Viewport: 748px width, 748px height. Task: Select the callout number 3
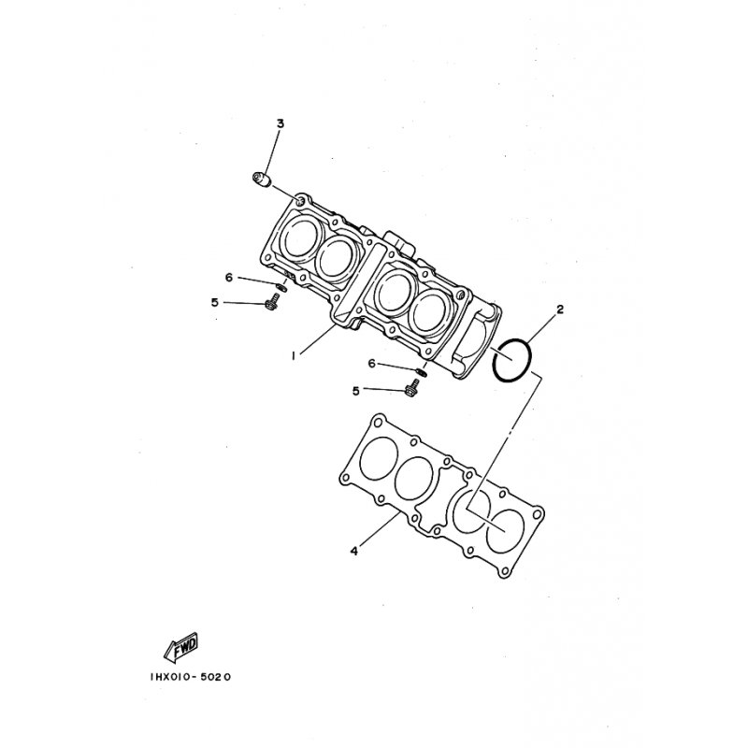tap(280, 123)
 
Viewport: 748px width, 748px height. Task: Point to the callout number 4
tap(353, 551)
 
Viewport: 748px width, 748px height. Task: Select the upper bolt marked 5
tap(273, 303)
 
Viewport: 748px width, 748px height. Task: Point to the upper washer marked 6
tap(281, 286)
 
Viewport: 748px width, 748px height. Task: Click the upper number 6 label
tap(227, 277)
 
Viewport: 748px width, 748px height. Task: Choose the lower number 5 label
tap(356, 390)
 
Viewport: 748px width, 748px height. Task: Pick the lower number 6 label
tap(371, 363)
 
